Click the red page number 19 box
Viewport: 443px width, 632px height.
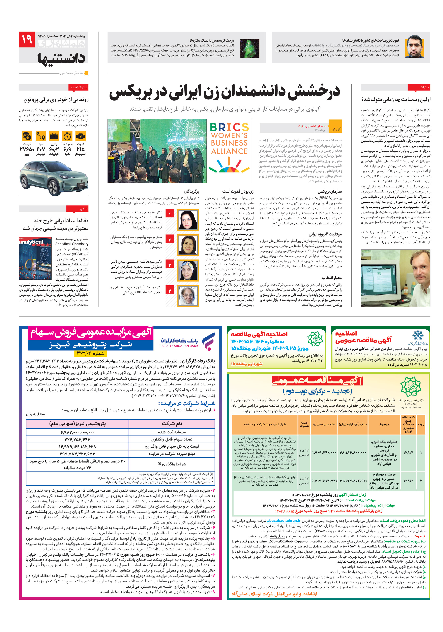(27, 39)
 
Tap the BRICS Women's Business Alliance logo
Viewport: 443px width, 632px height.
(229, 151)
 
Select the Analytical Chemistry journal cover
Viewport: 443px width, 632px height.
(35, 258)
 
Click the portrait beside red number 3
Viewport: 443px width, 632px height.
(188, 270)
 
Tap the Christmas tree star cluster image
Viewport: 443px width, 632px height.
(249, 48)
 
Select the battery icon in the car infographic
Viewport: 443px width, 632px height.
(54, 136)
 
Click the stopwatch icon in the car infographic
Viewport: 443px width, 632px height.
(67, 136)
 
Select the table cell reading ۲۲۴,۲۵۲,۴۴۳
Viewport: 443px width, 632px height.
(78, 439)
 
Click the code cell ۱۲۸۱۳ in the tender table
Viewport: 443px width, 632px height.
(408, 452)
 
